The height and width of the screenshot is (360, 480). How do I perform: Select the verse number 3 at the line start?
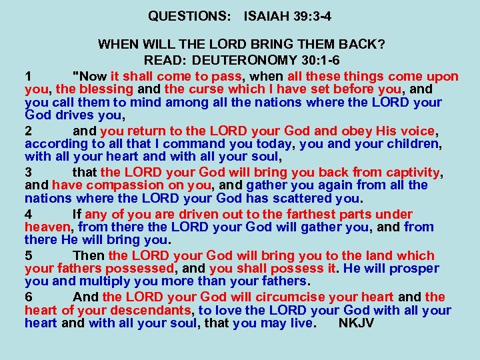pos(29,173)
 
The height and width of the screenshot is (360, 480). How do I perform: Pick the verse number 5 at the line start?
pos(29,255)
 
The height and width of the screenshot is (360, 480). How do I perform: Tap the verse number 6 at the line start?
pos(29,297)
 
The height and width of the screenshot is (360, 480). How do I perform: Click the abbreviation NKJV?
pos(357,324)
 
